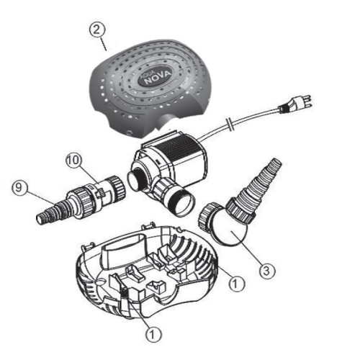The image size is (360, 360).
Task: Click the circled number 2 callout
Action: pyautogui.click(x=96, y=30)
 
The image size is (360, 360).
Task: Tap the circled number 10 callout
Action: pyautogui.click(x=74, y=160)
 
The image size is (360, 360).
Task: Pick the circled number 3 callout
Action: pyautogui.click(x=266, y=271)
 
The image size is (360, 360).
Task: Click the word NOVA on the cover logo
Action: pyautogui.click(x=158, y=77)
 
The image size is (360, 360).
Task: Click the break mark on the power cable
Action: pyautogui.click(x=230, y=124)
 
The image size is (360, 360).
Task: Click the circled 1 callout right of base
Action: pyautogui.click(x=237, y=284)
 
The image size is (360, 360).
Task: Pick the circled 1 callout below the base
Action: pyautogui.click(x=153, y=334)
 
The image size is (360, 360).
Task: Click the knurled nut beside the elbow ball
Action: pyautogui.click(x=207, y=215)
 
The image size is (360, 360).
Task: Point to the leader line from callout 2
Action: pyautogui.click(x=103, y=45)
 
